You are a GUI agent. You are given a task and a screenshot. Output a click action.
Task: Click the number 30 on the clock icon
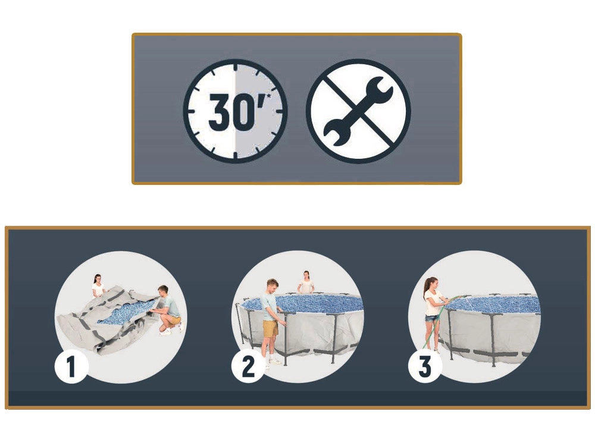232,112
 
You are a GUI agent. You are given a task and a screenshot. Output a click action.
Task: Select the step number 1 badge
72,366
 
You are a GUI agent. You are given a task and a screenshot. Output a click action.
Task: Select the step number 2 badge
249,366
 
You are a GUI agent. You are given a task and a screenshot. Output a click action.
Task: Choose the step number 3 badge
425,366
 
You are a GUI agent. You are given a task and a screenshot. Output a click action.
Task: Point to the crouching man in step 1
167,310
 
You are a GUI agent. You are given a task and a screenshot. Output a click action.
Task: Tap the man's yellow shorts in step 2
270,328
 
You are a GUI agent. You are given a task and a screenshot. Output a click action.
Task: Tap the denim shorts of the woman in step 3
431,319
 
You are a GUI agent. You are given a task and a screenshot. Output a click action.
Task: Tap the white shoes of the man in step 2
274,362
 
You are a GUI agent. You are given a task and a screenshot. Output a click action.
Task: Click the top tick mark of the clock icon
235,68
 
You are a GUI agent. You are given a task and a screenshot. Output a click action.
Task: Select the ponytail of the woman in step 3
425,288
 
